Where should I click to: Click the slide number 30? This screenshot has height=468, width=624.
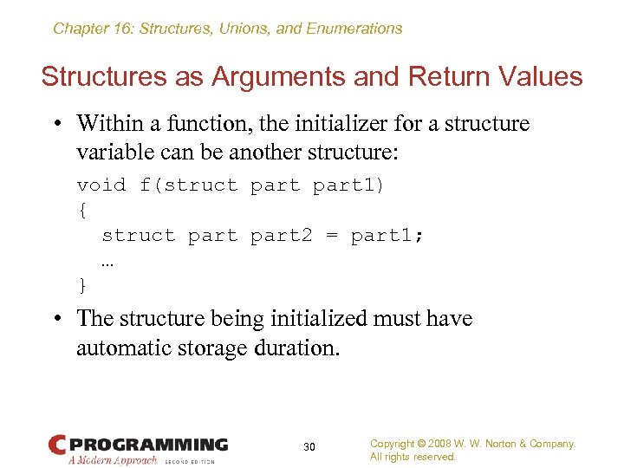coord(309,446)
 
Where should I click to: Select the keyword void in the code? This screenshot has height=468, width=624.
coord(101,185)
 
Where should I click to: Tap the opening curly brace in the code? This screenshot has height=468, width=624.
coord(82,210)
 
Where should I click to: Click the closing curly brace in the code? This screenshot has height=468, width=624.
coord(82,285)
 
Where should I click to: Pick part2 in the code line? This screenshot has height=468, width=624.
coord(281,235)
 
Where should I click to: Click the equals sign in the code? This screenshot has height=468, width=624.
coord(331,235)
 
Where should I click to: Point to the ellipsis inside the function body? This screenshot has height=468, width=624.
coord(107,261)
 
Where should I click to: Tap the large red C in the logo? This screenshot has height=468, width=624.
coord(58,445)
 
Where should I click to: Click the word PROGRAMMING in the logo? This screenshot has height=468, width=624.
coord(148,445)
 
